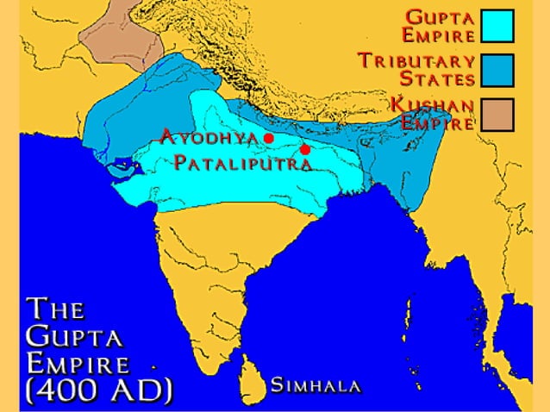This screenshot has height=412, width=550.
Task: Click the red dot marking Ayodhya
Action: [269, 138]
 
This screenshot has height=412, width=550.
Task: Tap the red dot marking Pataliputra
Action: [304, 150]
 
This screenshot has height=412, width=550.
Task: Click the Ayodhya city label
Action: [210, 137]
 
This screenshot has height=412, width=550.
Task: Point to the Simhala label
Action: [316, 385]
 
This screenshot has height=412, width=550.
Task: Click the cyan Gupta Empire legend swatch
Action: [497, 26]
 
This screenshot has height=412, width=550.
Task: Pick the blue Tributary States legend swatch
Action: [497, 70]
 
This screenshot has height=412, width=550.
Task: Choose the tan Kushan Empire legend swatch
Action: [497, 114]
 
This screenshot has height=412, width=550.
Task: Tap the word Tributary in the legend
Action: [416, 61]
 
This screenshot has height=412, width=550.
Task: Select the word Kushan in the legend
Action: [434, 105]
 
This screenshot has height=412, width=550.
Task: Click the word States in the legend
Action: [441, 79]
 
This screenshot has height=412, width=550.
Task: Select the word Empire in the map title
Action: [78, 361]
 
